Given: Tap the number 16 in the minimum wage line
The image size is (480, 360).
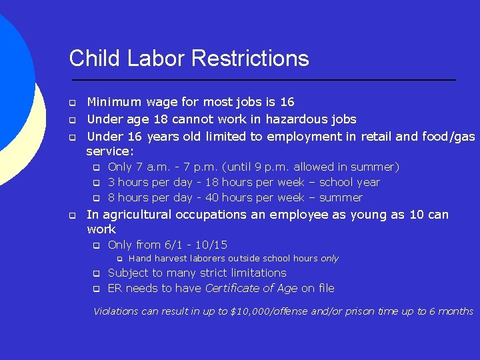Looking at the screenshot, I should [287, 102].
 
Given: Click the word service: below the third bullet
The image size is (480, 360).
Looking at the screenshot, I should [110, 151].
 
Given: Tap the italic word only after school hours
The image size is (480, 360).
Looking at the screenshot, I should [329, 259].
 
